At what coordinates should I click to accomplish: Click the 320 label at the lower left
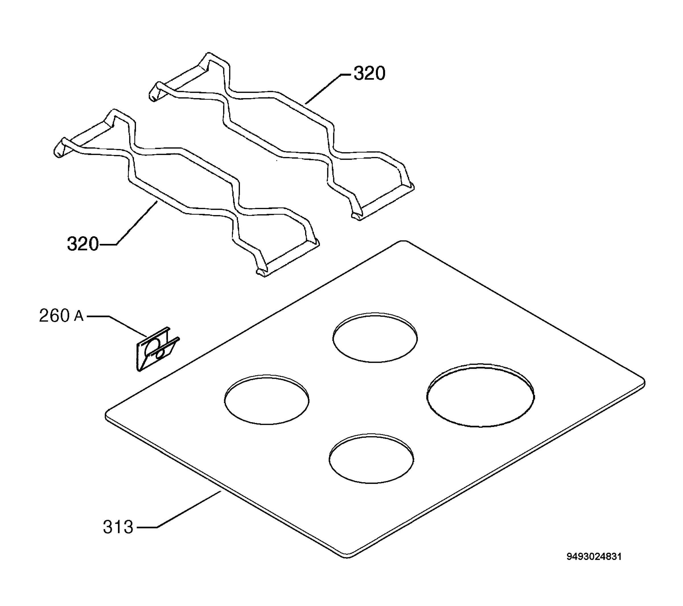[x=83, y=244]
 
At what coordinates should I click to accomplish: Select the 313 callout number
[x=118, y=527]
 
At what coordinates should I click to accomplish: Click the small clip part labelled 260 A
[x=157, y=349]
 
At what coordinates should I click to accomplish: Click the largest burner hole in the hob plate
[x=480, y=395]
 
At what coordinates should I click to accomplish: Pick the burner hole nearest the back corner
[x=375, y=338]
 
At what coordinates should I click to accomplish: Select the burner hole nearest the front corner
[x=371, y=459]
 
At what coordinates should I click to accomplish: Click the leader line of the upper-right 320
[x=329, y=88]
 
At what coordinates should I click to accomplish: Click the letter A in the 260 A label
[x=79, y=316]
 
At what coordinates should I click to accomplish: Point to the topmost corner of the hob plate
[x=403, y=241]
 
